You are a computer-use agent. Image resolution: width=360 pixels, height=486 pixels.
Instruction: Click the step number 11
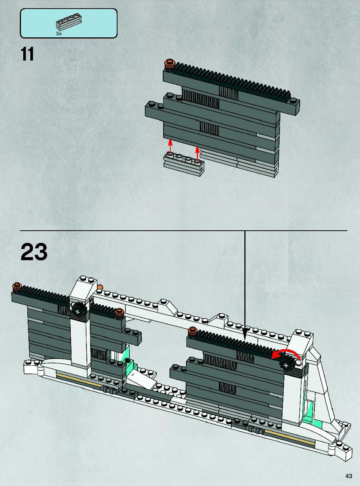point(27,54)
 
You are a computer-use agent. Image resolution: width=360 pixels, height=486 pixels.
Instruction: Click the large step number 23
point(34,252)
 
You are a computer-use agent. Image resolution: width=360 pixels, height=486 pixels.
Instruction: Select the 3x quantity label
point(59,34)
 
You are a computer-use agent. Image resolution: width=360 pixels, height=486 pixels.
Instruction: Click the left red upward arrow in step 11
point(170,147)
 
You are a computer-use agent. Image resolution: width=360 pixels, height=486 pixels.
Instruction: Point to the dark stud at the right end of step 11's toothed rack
point(293,101)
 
